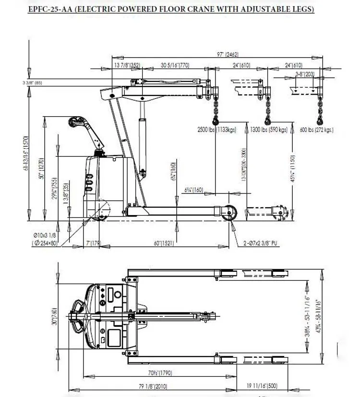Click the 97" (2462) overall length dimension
tap(228, 55)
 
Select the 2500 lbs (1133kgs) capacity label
tap(217, 130)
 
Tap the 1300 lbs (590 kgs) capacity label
tap(268, 130)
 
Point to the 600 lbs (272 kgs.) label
tap(316, 130)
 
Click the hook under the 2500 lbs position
tap(215, 119)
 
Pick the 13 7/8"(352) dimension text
tap(127, 65)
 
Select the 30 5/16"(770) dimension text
tap(176, 65)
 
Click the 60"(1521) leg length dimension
tap(164, 243)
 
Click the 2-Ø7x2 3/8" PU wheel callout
tap(259, 243)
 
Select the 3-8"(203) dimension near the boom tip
tap(305, 74)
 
